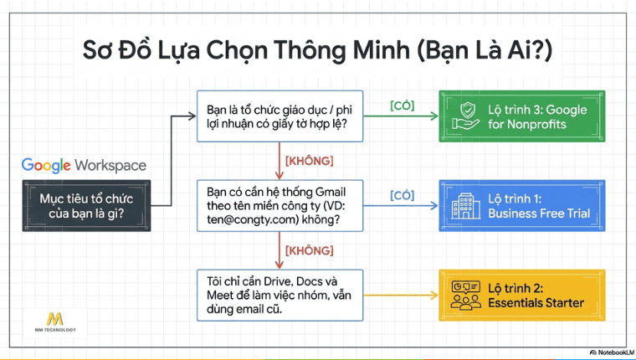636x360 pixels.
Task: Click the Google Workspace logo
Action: click(84, 165)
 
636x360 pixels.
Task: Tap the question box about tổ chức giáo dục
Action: click(280, 117)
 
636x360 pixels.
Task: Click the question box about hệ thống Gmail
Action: click(280, 205)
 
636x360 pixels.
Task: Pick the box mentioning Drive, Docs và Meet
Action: click(280, 293)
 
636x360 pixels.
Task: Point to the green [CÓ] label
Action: click(402, 105)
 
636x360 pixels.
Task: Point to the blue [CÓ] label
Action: click(402, 195)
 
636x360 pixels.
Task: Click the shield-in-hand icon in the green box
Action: click(466, 116)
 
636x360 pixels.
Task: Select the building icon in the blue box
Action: click(466, 205)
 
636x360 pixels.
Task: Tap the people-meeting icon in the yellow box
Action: click(466, 295)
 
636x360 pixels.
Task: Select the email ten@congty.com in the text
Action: click(254, 221)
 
